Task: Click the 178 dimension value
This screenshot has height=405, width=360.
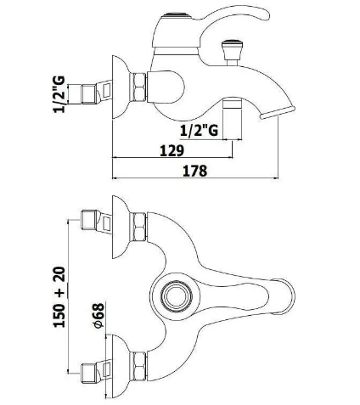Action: [x=195, y=171]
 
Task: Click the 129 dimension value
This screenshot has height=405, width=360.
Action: [x=172, y=150]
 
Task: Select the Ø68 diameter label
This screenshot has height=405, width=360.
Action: [x=98, y=315]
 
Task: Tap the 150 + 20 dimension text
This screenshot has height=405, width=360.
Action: [x=59, y=297]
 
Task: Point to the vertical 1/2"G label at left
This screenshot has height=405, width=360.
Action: [x=59, y=94]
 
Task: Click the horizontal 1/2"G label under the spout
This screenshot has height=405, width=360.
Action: [x=200, y=131]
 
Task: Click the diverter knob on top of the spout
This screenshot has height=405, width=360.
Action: [x=233, y=53]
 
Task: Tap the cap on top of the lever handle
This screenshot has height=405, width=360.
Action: [x=177, y=16]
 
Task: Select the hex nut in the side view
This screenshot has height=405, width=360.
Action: [x=138, y=87]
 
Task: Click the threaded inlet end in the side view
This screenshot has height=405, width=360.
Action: [x=89, y=93]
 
